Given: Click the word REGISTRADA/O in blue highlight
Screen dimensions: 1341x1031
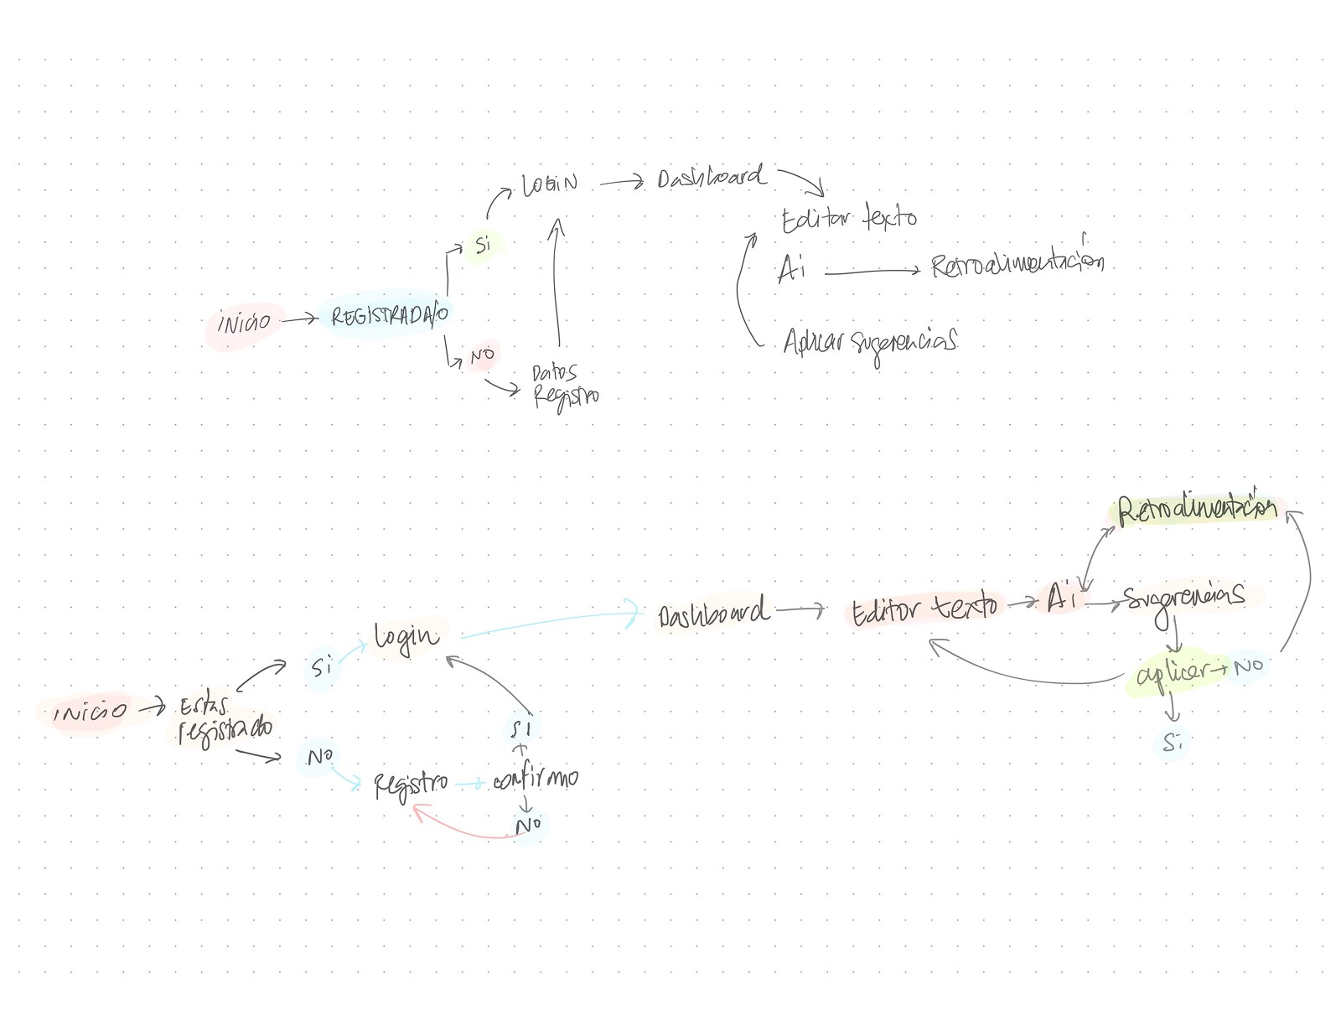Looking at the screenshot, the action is [x=389, y=316].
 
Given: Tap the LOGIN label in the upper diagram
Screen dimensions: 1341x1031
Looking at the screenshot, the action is [x=549, y=184].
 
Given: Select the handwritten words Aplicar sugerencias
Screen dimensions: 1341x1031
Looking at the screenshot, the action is [x=870, y=342].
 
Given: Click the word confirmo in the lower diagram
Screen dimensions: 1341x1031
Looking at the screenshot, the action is [x=536, y=780].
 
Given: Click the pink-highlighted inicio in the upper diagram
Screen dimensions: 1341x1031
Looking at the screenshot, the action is [x=243, y=322].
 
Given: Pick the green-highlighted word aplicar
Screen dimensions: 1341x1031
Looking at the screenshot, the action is [x=1173, y=673].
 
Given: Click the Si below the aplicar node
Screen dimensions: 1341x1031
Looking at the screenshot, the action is [x=1173, y=743].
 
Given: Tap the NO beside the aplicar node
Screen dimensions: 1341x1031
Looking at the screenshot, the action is [x=1248, y=666].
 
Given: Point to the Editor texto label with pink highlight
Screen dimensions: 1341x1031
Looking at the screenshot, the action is [x=924, y=608].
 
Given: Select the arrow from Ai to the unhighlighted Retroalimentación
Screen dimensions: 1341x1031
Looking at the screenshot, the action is [x=872, y=271].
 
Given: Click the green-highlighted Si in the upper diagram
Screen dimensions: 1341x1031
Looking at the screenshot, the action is [x=483, y=246].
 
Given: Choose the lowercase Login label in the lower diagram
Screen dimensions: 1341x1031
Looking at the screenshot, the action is [x=406, y=638].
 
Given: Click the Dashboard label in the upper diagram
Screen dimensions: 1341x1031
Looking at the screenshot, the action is [x=711, y=178].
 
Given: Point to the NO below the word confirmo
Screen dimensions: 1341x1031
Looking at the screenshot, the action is [x=528, y=826].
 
